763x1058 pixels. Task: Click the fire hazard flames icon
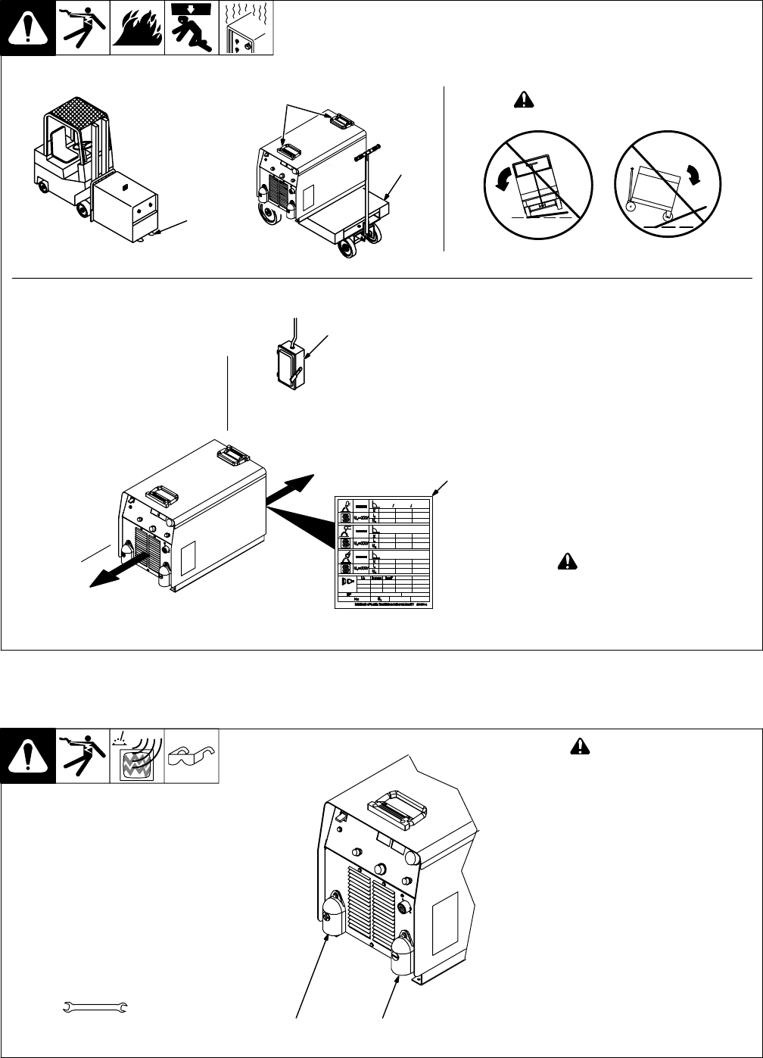137,29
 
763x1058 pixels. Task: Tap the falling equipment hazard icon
191,29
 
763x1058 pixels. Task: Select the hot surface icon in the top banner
245,29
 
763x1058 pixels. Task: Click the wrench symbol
95,1007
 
